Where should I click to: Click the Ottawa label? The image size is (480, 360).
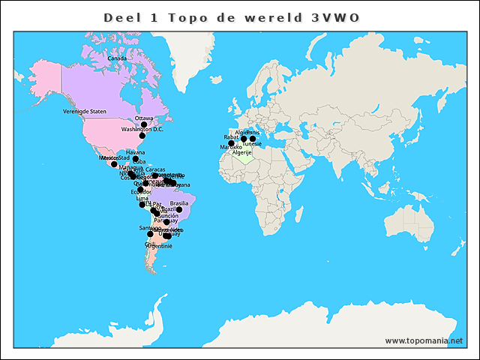tap(144, 118)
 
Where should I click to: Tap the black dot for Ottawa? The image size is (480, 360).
tap(144, 124)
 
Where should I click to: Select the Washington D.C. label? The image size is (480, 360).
tap(142, 129)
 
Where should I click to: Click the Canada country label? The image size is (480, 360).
tap(117, 58)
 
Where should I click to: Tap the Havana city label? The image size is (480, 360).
tap(136, 152)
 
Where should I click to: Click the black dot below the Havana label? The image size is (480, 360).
tap(136, 159)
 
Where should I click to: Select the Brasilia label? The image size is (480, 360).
tap(179, 203)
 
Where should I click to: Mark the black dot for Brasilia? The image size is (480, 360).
tap(179, 210)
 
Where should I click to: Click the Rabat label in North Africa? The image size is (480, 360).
tap(231, 137)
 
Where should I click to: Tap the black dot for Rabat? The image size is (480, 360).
tap(231, 143)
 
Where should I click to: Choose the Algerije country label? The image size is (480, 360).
tap(241, 152)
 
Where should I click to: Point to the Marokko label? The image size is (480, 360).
tap(231, 147)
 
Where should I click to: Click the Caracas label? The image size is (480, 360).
tap(155, 169)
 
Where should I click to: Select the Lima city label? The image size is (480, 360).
tap(142, 198)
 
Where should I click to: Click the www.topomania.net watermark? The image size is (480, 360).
tap(424, 340)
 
